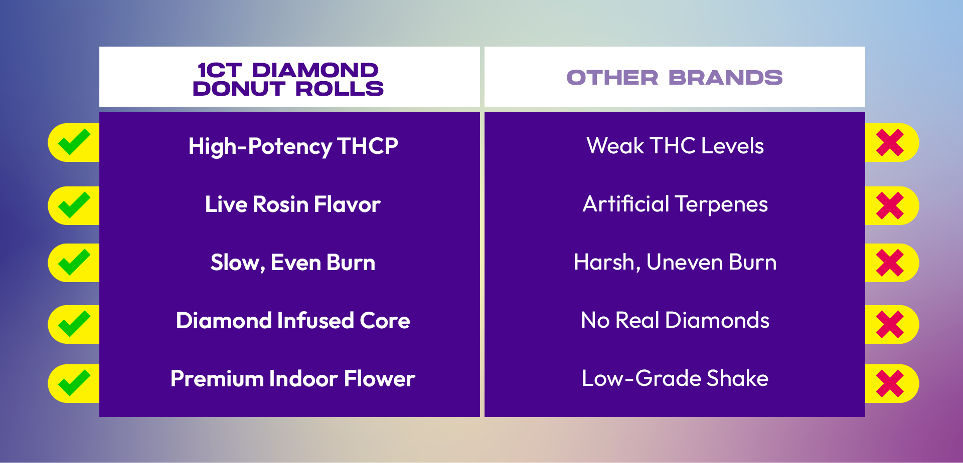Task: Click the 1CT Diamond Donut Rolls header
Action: tap(288, 79)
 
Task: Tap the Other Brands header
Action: tap(675, 78)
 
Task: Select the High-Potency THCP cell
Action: tap(293, 146)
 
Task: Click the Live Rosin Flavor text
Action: tap(293, 204)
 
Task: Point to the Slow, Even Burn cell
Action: tap(293, 263)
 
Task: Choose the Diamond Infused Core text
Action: tap(293, 321)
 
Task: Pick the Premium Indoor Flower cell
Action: tap(293, 379)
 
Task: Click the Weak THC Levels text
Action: tap(675, 146)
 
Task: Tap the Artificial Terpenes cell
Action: tap(675, 204)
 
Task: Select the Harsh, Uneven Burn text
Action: tap(675, 262)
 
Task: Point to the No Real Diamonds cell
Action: tap(675, 320)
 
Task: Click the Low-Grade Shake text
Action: tap(675, 378)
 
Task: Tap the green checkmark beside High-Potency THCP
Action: tap(74, 142)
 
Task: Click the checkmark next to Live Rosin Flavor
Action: tap(74, 205)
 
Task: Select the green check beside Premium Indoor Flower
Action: tap(74, 383)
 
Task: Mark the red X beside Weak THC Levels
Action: tap(890, 142)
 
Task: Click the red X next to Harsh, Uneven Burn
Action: tap(890, 263)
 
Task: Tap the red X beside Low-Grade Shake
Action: tap(890, 383)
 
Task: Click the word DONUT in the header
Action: tap(239, 89)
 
